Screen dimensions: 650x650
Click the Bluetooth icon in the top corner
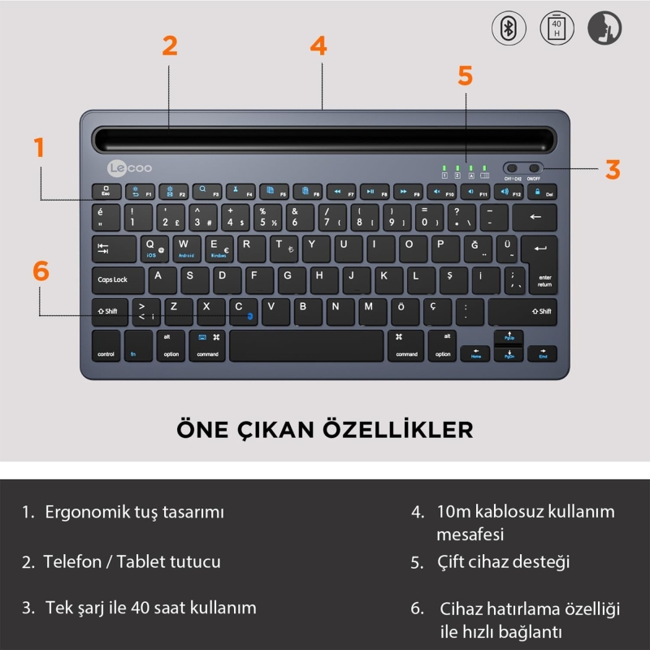point(509,28)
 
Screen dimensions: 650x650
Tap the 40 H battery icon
point(557,28)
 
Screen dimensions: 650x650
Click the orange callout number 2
point(169,45)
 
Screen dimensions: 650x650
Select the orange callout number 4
point(318,45)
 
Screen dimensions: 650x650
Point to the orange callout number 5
point(465,75)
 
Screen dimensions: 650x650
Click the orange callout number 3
point(613,169)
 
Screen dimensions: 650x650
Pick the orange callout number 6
point(41,271)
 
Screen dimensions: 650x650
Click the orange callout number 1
point(39,148)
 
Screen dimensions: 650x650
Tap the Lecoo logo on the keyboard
point(129,168)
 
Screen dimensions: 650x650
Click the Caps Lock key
point(117,280)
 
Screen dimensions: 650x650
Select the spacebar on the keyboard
point(305,345)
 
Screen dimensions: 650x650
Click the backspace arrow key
point(535,217)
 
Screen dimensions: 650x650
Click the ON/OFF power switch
point(534,168)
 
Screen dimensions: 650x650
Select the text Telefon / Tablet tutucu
point(132,561)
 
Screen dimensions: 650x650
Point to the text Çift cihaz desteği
point(503,561)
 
